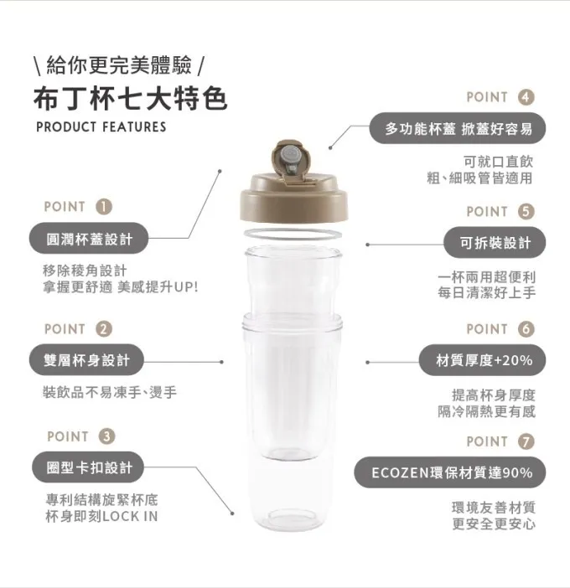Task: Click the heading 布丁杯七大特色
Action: click(130, 100)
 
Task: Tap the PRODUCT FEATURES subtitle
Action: click(101, 127)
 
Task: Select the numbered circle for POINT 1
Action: click(104, 207)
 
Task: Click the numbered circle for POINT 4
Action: click(526, 97)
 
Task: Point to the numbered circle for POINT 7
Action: click(526, 441)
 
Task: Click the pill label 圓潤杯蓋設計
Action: click(89, 238)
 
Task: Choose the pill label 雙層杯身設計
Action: click(86, 360)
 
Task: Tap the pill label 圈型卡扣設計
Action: click(88, 467)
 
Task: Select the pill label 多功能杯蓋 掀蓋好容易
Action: click(458, 128)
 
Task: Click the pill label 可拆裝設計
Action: click(495, 243)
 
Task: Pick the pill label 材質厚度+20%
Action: click(483, 360)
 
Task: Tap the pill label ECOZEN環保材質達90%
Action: click(450, 472)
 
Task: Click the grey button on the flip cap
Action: click(290, 155)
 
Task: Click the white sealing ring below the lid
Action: click(293, 235)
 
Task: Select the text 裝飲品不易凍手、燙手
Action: click(110, 393)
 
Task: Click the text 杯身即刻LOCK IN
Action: click(101, 516)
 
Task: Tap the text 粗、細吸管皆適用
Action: click(480, 178)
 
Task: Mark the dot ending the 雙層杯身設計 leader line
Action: click(222, 362)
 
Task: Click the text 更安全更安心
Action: click(494, 524)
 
